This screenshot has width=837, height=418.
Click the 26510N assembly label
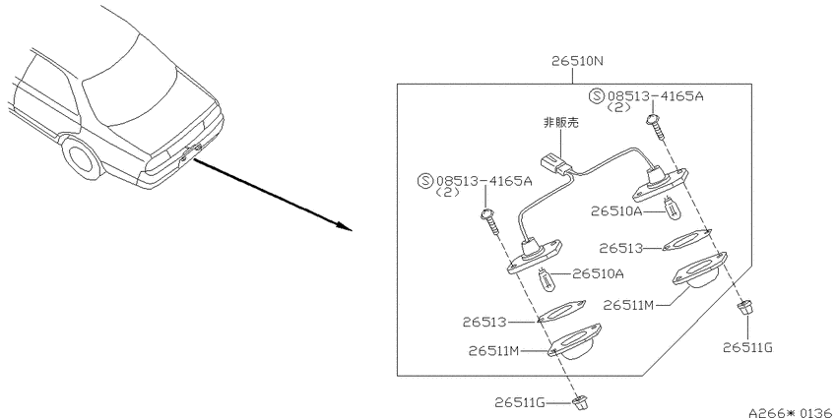click(x=578, y=62)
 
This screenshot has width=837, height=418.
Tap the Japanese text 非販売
click(x=560, y=123)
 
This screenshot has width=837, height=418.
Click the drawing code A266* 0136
click(x=792, y=412)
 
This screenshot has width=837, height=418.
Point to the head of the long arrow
click(x=347, y=228)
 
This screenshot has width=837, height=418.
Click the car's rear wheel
click(x=82, y=156)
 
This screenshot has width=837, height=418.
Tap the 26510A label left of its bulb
click(x=616, y=211)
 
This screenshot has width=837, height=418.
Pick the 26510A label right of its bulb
click(x=598, y=274)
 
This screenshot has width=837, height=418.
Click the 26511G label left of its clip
click(x=520, y=402)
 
